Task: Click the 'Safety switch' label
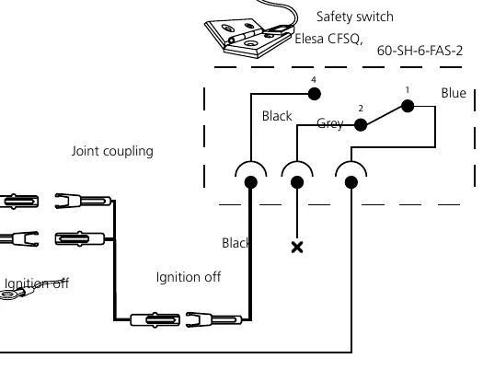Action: (355, 17)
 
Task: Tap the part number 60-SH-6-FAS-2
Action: (420, 51)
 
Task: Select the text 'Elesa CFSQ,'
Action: (328, 40)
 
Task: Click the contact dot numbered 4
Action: (315, 94)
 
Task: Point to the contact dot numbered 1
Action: (408, 106)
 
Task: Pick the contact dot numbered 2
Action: (361, 125)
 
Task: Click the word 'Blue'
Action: (454, 93)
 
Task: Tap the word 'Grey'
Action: (330, 123)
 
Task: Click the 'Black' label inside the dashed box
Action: (277, 116)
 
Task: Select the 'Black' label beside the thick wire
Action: (236, 243)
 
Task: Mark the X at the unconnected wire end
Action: (297, 248)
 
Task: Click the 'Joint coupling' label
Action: (112, 151)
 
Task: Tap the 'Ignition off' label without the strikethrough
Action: (189, 277)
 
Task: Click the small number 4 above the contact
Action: (314, 80)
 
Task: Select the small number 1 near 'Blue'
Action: (408, 90)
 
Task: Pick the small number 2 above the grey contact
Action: (361, 109)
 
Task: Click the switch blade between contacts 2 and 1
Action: (385, 116)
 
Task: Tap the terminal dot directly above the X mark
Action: (297, 182)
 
